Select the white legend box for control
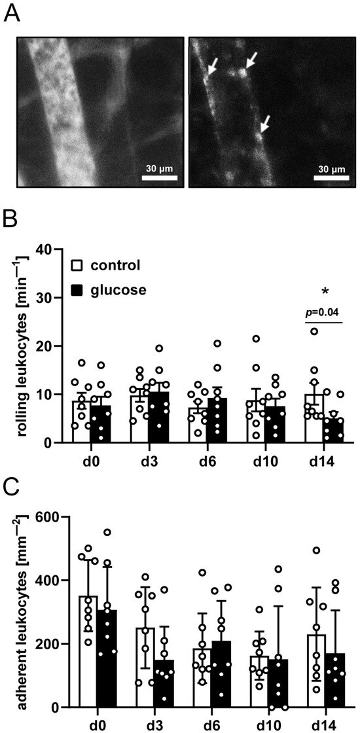point(77,266)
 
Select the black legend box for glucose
point(77,289)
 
